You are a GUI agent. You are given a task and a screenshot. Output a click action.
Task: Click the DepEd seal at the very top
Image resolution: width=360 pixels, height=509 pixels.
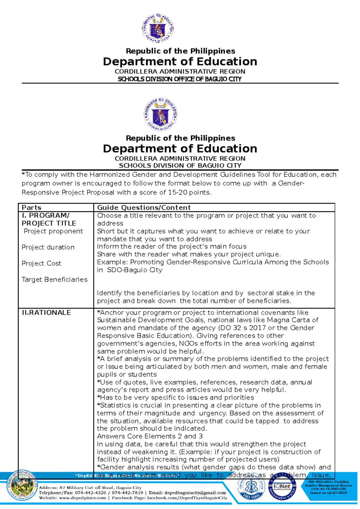[157, 28]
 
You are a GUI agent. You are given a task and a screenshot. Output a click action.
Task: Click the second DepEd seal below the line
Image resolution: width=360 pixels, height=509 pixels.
[160, 114]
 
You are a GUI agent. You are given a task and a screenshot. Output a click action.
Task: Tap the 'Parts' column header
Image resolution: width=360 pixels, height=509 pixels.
[31, 207]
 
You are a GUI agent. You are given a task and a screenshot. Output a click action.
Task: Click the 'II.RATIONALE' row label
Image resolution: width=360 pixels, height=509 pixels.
[46, 312]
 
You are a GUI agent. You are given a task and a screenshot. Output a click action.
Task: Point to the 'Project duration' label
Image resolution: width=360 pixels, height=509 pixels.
[48, 247]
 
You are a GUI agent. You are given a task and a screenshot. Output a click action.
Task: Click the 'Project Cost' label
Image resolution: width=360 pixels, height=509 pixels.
[41, 263]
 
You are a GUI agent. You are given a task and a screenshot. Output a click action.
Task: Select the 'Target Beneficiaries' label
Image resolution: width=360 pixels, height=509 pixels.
[55, 279]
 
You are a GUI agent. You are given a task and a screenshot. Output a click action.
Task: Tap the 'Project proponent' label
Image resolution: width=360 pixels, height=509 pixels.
[53, 231]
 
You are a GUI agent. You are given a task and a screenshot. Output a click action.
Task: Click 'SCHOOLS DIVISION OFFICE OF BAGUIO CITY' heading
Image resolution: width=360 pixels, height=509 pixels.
[180, 79]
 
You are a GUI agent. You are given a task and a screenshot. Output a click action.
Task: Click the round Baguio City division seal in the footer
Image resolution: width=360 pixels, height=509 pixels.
[23, 485]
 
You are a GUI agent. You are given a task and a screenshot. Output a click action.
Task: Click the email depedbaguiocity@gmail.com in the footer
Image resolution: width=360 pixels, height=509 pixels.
[196, 493]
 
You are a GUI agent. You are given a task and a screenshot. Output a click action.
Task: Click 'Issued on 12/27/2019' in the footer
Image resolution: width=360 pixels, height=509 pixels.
[328, 493]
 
